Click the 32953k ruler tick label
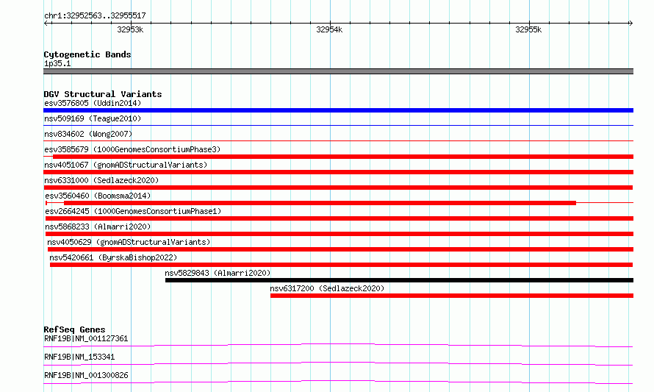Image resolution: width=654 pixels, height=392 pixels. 130,29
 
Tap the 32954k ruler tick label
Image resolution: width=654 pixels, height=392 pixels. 329,29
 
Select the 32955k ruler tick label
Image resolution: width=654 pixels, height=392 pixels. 528,29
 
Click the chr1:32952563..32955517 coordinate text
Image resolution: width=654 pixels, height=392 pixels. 95,16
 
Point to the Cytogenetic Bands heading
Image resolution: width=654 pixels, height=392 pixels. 87,54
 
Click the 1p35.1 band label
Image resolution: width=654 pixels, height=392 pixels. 57,63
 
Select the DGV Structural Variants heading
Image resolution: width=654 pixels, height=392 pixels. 103,94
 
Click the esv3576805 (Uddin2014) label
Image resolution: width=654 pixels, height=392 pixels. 93,103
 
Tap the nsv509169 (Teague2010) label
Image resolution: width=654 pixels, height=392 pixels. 93,118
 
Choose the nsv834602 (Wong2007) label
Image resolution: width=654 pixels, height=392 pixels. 88,134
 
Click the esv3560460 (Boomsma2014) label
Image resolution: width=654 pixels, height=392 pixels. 98,196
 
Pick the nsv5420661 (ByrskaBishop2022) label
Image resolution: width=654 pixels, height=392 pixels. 113,257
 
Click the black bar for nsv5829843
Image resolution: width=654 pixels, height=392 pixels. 399,280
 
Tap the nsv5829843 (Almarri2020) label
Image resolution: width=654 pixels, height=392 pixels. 218,273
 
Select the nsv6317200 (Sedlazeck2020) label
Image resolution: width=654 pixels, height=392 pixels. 327,288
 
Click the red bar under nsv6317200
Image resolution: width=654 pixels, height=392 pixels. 452,296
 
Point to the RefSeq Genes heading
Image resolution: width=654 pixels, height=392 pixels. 75,329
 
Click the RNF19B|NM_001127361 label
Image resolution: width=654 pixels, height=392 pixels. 86,338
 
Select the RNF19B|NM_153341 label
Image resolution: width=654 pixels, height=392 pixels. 79,357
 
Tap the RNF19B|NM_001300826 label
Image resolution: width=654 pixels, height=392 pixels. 86,375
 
